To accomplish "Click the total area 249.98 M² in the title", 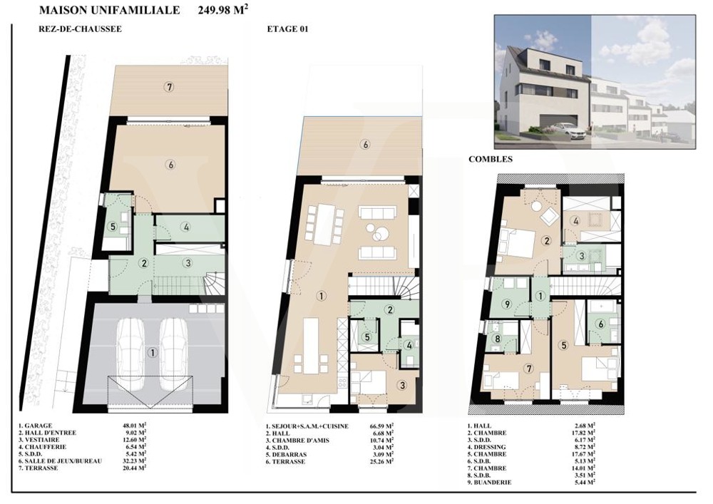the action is (x=223, y=10).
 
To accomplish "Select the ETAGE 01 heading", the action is (x=287, y=29).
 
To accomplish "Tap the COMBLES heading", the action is (x=491, y=159).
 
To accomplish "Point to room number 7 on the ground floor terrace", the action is (x=169, y=86).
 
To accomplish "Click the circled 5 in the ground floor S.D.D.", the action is (x=113, y=226).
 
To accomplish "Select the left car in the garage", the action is (x=131, y=353).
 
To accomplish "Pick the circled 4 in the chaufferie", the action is (x=186, y=227).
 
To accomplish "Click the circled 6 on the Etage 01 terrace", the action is (x=364, y=145).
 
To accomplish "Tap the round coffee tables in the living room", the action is (x=377, y=232).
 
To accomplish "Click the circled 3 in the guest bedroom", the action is (x=402, y=386).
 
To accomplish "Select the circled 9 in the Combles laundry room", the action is (x=508, y=304).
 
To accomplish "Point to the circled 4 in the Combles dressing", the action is (x=576, y=221).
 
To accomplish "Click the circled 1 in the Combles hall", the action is (x=540, y=297).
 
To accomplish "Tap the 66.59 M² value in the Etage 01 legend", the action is (x=382, y=426).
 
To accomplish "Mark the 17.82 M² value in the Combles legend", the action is (x=584, y=433).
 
